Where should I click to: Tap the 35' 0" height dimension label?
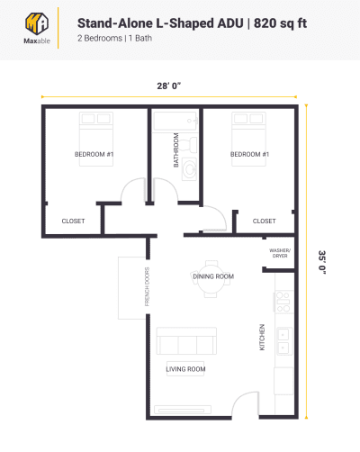(x=321, y=261)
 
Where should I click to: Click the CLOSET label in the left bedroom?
(x=73, y=221)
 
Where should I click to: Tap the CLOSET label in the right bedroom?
(x=264, y=221)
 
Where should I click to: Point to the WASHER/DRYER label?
(x=279, y=253)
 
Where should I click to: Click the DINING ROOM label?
(x=213, y=276)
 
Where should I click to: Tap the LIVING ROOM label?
(x=186, y=369)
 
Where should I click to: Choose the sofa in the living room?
(x=186, y=342)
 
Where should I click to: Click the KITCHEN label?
(x=262, y=337)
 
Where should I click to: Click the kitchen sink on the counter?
(x=283, y=339)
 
